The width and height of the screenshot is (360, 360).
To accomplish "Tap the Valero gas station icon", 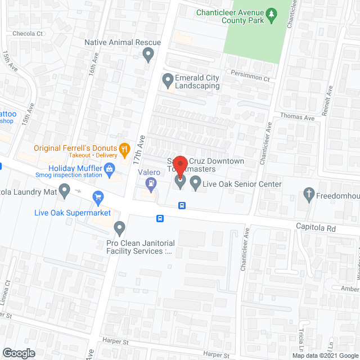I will (150, 182).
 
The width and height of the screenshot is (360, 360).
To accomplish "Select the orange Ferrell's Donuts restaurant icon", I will (125, 150).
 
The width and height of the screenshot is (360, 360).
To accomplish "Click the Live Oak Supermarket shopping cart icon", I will (98, 197).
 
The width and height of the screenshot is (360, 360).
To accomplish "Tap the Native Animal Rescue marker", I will (148, 55).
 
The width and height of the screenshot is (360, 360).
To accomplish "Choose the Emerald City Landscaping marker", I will (168, 82).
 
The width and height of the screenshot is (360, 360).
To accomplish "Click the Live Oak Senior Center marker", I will (195, 182).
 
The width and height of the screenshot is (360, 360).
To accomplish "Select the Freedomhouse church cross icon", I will (308, 195).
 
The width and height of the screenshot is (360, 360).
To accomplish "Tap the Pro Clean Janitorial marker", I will (119, 228).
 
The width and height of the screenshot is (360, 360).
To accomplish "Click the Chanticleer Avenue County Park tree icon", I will (271, 15).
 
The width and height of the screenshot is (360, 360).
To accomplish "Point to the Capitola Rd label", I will (316, 228).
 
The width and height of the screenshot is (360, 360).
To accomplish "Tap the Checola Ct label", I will (28, 33).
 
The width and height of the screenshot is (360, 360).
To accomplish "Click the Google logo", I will (18, 353).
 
